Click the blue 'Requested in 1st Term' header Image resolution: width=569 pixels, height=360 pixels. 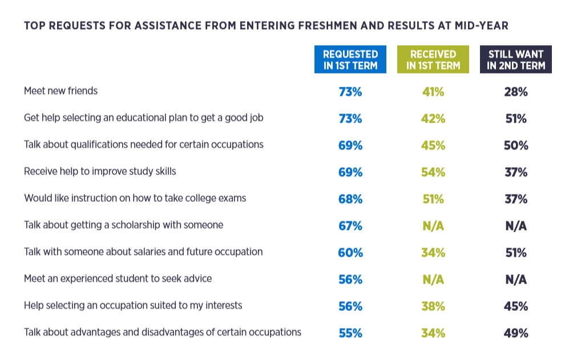(350, 59)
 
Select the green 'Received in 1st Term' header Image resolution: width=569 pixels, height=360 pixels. (433, 59)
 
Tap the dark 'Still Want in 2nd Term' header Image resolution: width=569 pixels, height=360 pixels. (516, 59)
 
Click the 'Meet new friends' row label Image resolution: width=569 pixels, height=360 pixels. (60, 91)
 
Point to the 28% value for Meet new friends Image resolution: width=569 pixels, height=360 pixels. (516, 92)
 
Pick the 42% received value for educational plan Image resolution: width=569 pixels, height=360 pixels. (433, 119)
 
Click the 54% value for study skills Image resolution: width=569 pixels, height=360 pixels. (433, 172)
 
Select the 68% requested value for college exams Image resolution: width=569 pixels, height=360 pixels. (350, 199)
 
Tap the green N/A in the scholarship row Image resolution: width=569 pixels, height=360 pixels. (433, 226)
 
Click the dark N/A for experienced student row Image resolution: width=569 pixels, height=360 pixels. (516, 280)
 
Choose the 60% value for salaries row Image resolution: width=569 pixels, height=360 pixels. (350, 253)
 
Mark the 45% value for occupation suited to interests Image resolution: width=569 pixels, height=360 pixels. (516, 306)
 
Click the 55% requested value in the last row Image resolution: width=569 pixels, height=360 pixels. (350, 333)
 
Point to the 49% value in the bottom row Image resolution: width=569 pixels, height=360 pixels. (516, 333)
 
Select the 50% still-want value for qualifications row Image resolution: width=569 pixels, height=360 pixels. (516, 145)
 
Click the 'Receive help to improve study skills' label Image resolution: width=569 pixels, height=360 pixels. (100, 171)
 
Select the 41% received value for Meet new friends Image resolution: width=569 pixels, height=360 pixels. (433, 92)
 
